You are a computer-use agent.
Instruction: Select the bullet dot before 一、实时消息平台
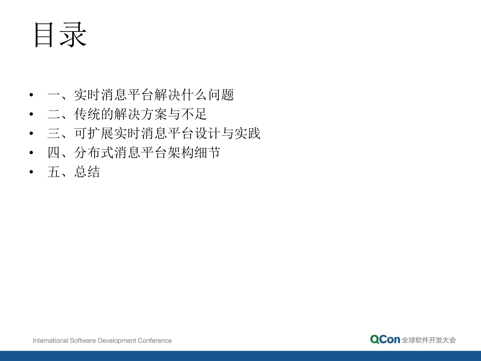(31, 95)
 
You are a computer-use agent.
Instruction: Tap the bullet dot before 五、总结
(31, 172)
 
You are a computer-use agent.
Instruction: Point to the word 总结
(87, 172)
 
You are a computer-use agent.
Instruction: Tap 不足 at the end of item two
(194, 114)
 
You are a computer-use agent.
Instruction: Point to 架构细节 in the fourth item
(194, 153)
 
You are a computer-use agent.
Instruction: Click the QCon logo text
(385, 339)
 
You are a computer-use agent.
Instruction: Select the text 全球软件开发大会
(429, 340)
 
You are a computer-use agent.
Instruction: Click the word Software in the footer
(83, 340)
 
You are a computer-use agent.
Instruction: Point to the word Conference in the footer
(155, 340)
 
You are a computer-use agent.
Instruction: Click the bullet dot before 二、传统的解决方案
(31, 114)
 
